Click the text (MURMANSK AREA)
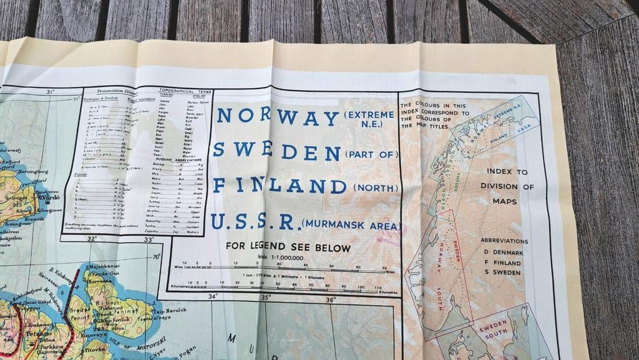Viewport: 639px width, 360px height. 351,225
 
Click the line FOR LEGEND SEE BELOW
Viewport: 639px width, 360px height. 288,248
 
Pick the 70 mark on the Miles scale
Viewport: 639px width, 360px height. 383,267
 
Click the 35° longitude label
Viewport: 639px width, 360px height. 266,298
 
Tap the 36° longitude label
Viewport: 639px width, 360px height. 331,300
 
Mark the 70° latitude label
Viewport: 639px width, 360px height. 156,256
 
